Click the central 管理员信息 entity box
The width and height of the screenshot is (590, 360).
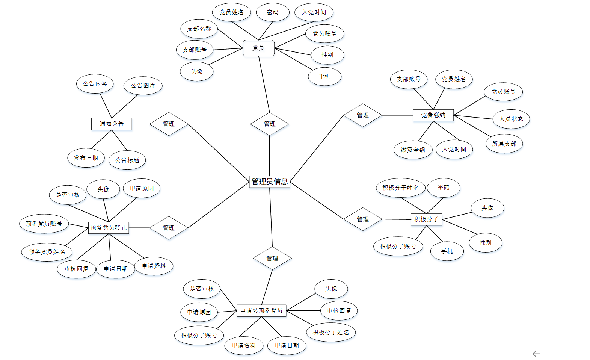[269, 182]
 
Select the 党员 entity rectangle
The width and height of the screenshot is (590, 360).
[258, 48]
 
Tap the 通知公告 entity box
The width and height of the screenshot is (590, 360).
[112, 124]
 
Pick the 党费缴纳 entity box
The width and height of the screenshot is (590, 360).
[433, 115]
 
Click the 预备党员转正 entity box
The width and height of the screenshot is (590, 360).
[109, 227]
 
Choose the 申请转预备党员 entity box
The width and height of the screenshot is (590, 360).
[261, 310]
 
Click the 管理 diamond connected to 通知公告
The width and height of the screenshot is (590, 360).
[169, 124]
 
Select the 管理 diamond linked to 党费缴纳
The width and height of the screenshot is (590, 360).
[362, 115]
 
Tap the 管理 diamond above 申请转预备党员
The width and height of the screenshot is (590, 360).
[272, 258]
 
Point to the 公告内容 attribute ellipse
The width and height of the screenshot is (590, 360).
[95, 83]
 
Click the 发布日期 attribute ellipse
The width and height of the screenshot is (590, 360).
[86, 158]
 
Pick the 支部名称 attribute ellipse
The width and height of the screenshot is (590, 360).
[199, 29]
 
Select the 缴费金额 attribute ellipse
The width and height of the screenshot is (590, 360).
[413, 150]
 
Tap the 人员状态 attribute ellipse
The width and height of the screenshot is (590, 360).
[511, 119]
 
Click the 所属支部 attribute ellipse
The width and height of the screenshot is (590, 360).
[504, 144]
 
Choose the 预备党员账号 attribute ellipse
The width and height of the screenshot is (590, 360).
[44, 224]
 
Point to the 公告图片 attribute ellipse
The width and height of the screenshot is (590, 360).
[143, 85]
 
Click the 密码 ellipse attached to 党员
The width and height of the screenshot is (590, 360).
[273, 12]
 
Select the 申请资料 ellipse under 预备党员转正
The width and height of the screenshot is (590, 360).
[154, 266]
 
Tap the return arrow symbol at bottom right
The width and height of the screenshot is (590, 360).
[536, 353]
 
